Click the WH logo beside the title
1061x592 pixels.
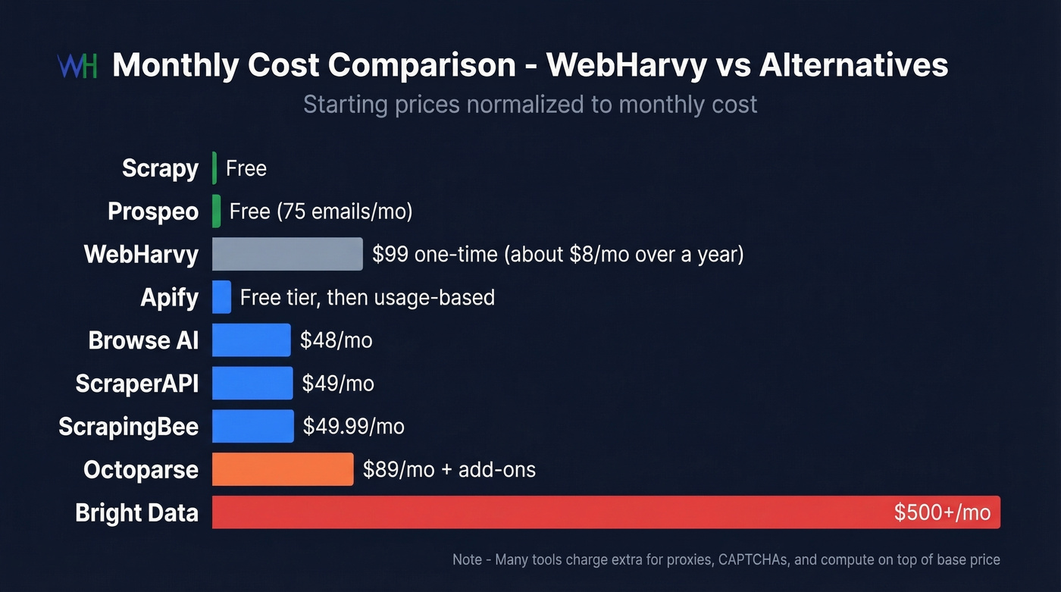pos(77,66)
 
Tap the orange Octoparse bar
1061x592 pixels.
pos(283,469)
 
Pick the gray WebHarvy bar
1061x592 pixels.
pos(287,254)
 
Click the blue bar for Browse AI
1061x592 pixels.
pos(251,340)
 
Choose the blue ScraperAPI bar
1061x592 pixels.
pos(252,384)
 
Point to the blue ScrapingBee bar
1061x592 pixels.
pos(252,426)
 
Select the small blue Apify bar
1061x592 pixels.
pos(221,297)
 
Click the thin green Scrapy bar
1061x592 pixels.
pos(214,168)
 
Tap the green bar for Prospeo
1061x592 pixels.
pos(217,211)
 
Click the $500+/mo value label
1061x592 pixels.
pos(942,512)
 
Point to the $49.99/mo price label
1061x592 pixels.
pos(353,426)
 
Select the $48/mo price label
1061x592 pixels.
pos(336,340)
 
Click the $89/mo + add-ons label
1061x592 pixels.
pos(449,469)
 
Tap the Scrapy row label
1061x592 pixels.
pos(160,168)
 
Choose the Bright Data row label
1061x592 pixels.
pos(136,512)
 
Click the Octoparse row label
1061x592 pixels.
pos(141,469)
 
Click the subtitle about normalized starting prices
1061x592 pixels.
pos(530,104)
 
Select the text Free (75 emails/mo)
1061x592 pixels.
pos(321,211)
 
